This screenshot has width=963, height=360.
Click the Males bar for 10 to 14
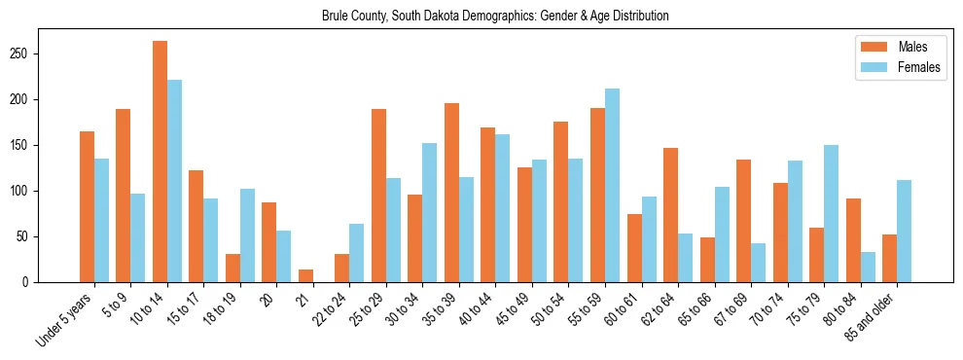click(160, 162)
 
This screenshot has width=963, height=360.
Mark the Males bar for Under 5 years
click(87, 206)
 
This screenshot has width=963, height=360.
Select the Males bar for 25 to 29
click(378, 196)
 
